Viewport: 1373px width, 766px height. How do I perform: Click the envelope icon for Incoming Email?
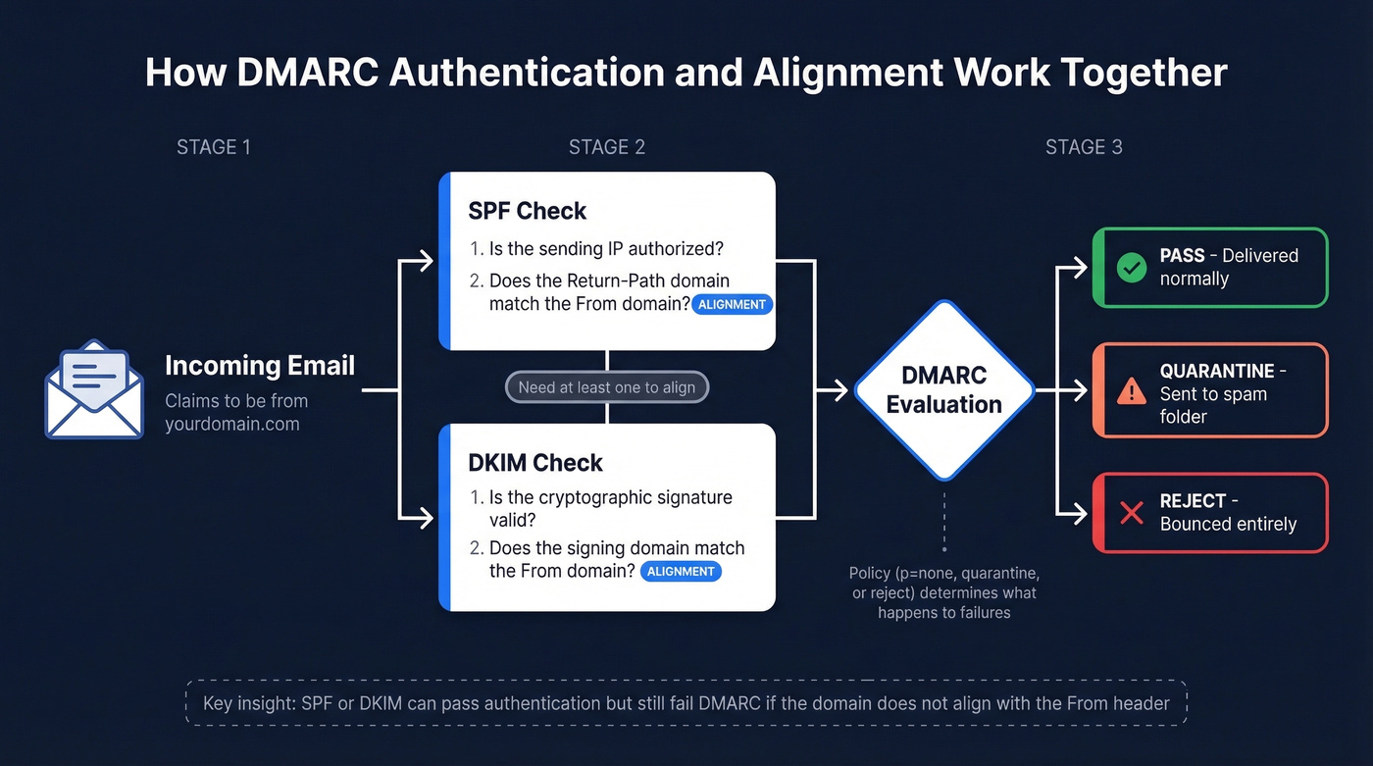tap(94, 389)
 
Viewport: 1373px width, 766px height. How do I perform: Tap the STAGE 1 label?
tap(214, 147)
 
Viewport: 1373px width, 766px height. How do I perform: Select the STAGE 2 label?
tap(607, 147)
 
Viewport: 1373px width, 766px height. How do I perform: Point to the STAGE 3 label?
tap(1084, 147)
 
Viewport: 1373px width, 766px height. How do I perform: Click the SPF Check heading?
tap(527, 211)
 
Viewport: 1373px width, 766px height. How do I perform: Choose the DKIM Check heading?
tap(535, 462)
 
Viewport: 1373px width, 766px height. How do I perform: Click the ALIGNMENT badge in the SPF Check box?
tap(732, 305)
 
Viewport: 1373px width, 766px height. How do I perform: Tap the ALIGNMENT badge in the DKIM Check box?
tap(681, 572)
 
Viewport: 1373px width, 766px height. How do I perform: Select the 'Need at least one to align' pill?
tap(606, 387)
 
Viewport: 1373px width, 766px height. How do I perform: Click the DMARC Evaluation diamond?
tap(943, 390)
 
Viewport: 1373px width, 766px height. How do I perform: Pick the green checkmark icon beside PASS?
tap(1132, 268)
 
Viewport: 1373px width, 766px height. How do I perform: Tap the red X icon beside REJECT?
tap(1132, 513)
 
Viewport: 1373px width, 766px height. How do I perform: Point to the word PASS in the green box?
tap(1182, 256)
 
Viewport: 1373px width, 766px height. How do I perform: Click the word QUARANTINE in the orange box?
tap(1216, 372)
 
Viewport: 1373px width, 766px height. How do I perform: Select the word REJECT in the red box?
tap(1193, 501)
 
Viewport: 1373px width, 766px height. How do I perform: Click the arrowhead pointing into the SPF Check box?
tap(426, 261)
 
